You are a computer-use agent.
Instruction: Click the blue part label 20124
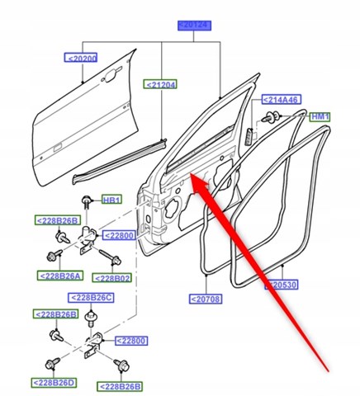(x=192, y=26)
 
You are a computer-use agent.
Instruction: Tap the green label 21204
(x=162, y=84)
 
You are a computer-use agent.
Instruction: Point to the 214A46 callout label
(x=281, y=100)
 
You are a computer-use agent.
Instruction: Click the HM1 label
(x=319, y=117)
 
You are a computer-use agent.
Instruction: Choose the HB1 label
(x=111, y=200)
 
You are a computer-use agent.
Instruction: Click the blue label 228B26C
(x=92, y=297)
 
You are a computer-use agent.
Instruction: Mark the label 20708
(x=206, y=299)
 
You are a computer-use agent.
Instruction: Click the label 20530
(x=281, y=285)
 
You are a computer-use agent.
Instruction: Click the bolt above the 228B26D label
(x=52, y=363)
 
